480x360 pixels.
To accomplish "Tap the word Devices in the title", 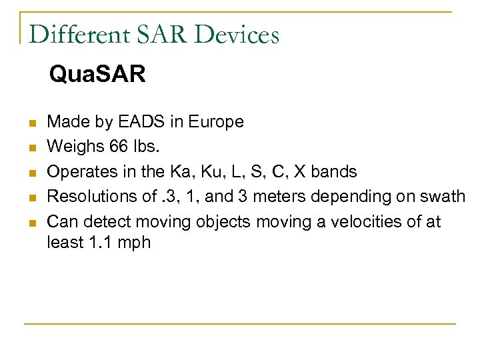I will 239,35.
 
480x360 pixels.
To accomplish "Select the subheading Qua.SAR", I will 97,75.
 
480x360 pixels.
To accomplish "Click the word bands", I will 335,172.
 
